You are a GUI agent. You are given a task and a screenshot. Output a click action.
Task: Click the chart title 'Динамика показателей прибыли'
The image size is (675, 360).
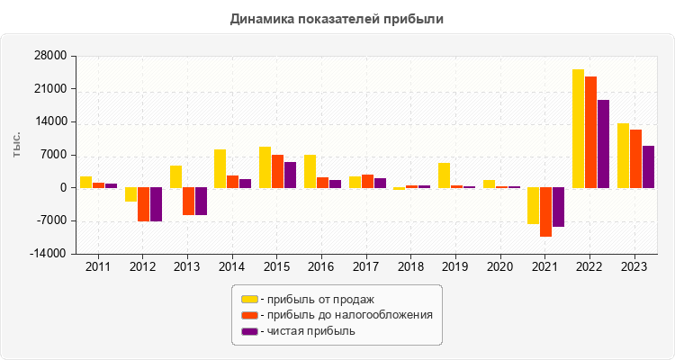[x=337, y=18]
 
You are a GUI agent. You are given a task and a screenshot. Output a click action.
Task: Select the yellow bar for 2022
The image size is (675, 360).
[x=578, y=129]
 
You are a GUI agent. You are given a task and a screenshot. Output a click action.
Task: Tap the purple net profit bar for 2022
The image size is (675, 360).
[x=603, y=144]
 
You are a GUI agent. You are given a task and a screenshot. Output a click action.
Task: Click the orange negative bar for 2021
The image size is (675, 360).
[x=545, y=211]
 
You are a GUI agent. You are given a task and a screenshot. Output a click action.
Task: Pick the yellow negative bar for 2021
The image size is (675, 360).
[x=533, y=205]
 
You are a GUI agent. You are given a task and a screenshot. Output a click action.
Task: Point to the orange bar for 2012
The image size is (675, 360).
[x=143, y=204]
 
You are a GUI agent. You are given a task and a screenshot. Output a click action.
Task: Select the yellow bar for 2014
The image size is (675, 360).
[x=220, y=168]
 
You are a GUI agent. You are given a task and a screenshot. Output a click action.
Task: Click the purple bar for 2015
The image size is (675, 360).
[x=290, y=175]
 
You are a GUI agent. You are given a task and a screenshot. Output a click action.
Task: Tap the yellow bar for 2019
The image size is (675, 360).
[x=444, y=175]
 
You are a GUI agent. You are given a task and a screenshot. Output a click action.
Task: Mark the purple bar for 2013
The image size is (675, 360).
[x=201, y=202]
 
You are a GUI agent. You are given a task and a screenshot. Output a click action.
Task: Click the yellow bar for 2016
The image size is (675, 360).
[x=310, y=171]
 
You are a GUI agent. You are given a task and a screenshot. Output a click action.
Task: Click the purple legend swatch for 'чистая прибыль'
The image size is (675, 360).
[x=249, y=331]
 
